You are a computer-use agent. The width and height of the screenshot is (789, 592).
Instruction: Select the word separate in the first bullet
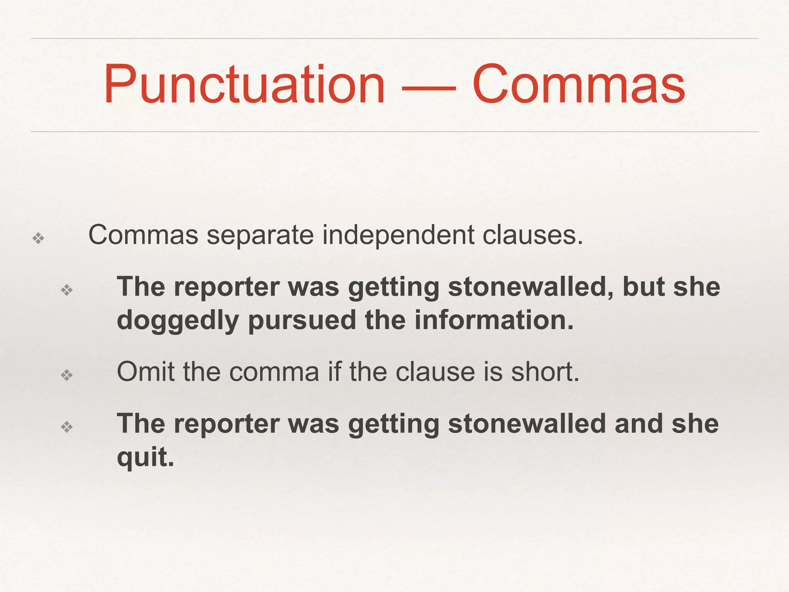click(260, 235)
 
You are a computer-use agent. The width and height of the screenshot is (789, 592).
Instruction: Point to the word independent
click(398, 235)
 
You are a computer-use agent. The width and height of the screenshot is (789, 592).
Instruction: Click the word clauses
click(532, 235)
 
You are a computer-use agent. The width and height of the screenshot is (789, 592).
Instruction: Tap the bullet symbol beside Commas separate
click(38, 239)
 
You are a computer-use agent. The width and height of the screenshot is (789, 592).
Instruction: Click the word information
click(494, 320)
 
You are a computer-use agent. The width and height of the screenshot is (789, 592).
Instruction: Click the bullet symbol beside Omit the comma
click(67, 375)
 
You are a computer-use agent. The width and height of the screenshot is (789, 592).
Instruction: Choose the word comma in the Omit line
click(274, 373)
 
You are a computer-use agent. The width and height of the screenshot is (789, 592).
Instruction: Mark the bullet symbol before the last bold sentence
click(67, 427)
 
